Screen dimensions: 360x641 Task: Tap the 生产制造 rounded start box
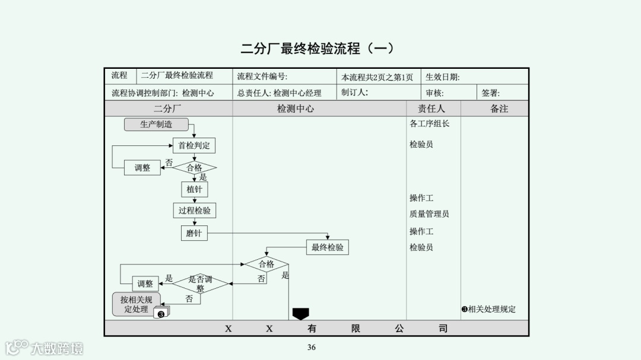(x=156, y=125)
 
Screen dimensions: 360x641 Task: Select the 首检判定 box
(x=194, y=145)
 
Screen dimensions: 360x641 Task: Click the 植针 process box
(x=194, y=189)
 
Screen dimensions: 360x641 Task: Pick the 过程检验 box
(x=194, y=211)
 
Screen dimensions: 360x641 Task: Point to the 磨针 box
(x=193, y=233)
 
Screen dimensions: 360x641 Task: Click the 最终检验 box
(x=327, y=247)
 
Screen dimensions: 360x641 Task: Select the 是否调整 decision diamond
(x=200, y=283)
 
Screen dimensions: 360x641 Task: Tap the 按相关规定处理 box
(x=136, y=304)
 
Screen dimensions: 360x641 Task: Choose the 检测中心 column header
(x=295, y=109)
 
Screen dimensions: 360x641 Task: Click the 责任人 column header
(x=431, y=109)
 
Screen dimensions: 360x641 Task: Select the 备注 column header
(x=499, y=109)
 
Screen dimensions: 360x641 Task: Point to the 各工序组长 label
(x=429, y=124)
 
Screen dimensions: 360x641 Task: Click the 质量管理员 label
(x=429, y=214)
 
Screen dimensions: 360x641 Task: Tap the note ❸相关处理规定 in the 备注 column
(x=488, y=309)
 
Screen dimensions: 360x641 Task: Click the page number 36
(x=312, y=348)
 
